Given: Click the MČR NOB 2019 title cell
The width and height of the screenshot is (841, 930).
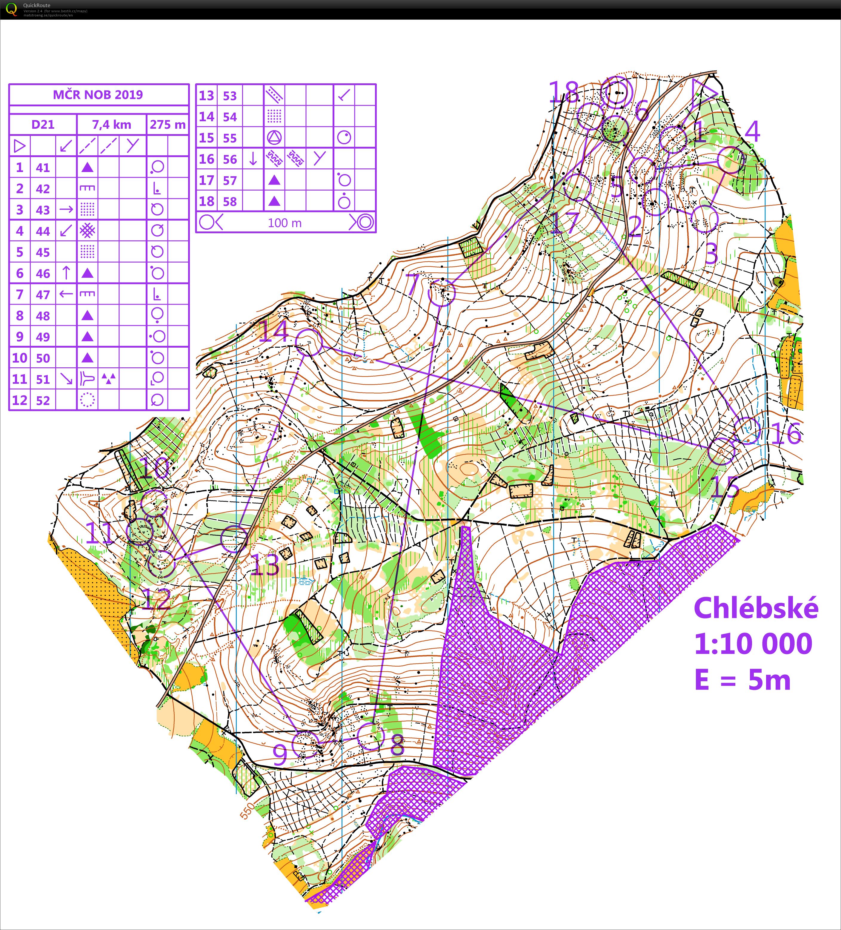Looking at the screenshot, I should click(98, 95).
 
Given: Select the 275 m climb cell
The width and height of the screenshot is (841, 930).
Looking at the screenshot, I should click(167, 125).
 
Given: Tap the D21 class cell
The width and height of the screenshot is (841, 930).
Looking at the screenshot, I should click(43, 125).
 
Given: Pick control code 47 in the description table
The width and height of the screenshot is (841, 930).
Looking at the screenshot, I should click(43, 294).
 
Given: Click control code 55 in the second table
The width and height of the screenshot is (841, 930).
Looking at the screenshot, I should click(230, 138).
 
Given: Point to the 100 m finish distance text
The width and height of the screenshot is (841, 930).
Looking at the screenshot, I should click(285, 223).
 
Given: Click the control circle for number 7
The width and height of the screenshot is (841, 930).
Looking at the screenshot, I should click(442, 292).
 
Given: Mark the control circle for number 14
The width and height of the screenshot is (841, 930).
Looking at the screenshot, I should click(308, 342).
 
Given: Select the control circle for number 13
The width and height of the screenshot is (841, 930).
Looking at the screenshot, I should click(234, 538).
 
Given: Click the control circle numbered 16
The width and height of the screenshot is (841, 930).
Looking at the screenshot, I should click(747, 430).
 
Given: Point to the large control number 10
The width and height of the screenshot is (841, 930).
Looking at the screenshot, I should click(154, 468).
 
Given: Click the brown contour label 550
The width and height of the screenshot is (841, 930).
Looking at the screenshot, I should click(247, 811).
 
